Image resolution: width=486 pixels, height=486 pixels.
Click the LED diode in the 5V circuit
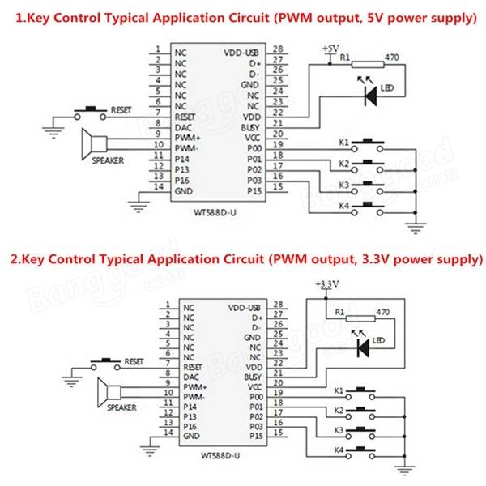point(371,96)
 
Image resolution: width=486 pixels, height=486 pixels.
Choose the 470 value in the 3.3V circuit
point(384,311)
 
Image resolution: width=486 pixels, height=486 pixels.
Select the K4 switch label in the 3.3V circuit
point(339,449)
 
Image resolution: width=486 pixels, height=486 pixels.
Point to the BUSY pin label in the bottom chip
point(252,377)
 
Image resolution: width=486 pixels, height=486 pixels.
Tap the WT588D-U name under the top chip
point(214,213)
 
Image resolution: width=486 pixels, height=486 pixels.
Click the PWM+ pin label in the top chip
point(189,139)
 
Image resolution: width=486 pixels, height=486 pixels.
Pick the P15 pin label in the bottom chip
point(254,434)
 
